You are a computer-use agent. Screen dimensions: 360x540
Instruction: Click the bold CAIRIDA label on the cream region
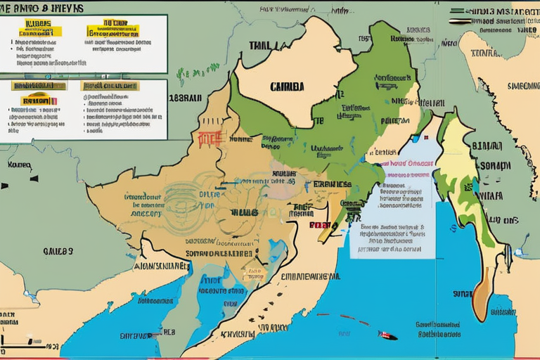click(x=287, y=87)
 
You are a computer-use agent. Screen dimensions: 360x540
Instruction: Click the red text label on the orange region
click(x=210, y=137)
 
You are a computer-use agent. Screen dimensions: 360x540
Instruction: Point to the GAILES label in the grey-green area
click(x=58, y=250)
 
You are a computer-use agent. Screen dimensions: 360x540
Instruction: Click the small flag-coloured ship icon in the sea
click(x=387, y=335)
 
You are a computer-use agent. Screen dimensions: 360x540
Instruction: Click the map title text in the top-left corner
click(x=42, y=8)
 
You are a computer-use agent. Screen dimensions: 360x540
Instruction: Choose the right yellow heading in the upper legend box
click(x=112, y=30)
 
